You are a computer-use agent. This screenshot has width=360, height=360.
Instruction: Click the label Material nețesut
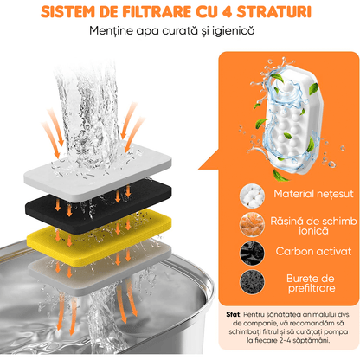pos(306,195)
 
